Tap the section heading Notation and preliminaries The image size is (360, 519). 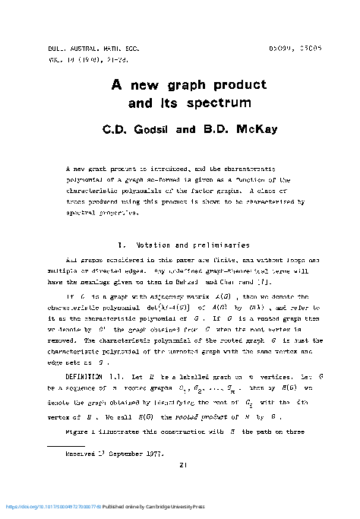193,245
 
